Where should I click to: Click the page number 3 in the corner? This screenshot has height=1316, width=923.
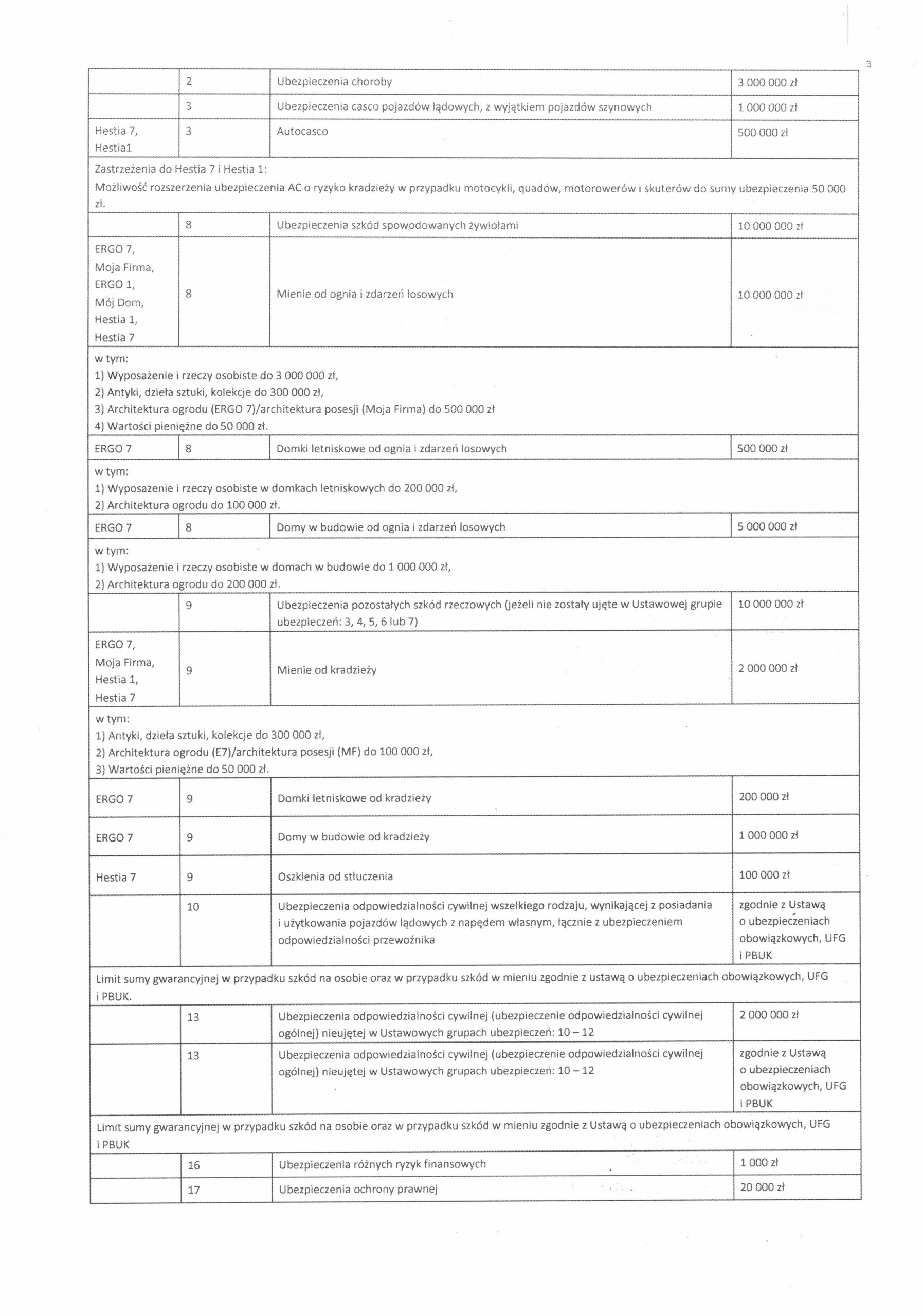tap(868, 64)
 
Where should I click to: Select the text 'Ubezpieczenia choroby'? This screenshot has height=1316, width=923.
tap(334, 82)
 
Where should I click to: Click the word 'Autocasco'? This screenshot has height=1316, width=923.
tap(302, 132)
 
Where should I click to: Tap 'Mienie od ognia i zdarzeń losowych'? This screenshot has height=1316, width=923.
tap(365, 295)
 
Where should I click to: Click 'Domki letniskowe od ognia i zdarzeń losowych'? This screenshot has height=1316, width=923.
tap(391, 449)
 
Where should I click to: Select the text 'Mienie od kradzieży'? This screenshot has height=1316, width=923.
tap(327, 670)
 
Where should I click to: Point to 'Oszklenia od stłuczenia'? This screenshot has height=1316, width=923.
tap(335, 876)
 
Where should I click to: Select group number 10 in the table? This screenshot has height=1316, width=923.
tap(193, 907)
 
